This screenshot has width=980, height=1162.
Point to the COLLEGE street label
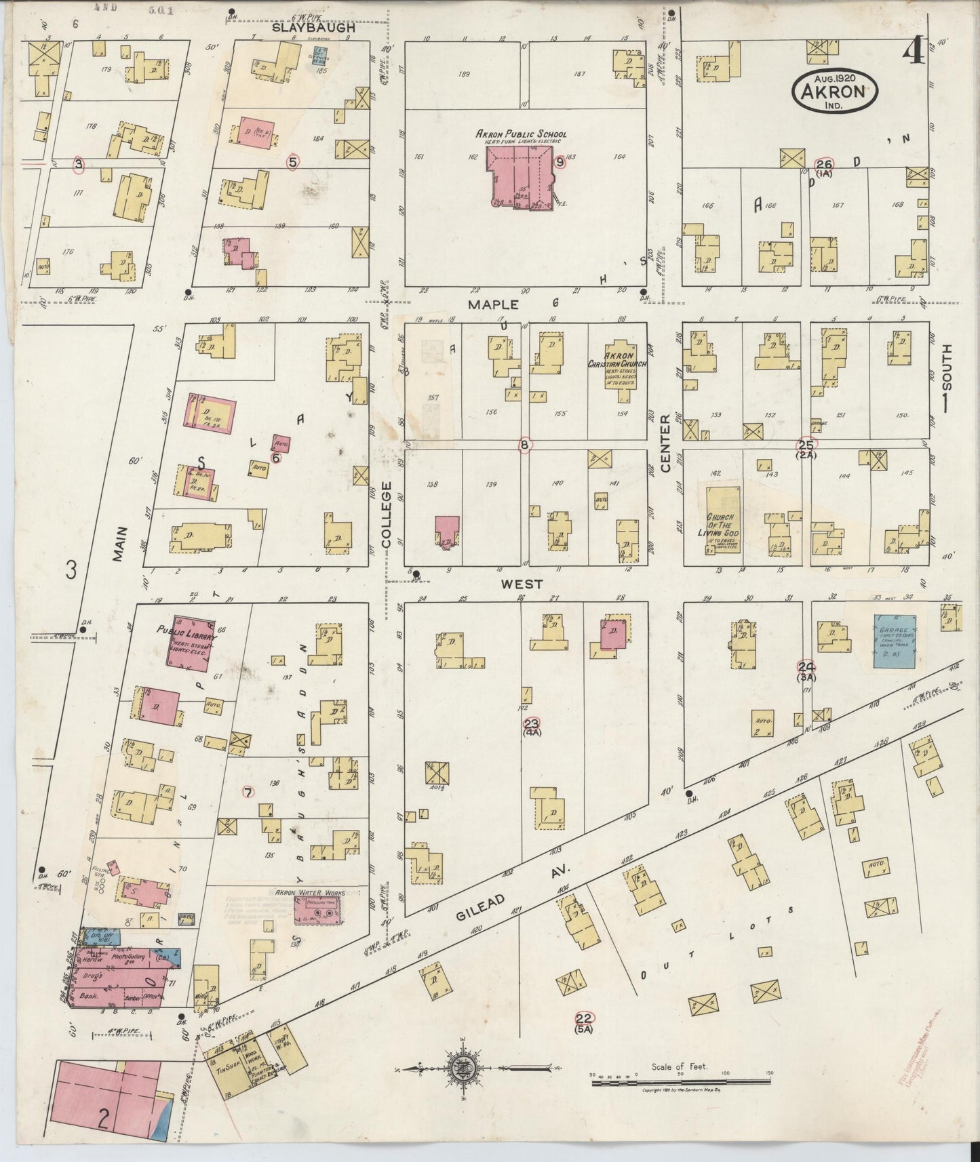pyautogui.click(x=387, y=515)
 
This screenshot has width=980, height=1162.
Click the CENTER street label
pyautogui.click(x=665, y=443)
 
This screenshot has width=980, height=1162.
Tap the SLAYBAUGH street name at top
pyautogui.click(x=313, y=28)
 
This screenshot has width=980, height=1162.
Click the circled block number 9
pyautogui.click(x=560, y=162)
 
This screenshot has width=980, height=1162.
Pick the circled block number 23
pyautogui.click(x=531, y=724)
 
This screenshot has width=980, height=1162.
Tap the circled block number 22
pyautogui.click(x=584, y=1018)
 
